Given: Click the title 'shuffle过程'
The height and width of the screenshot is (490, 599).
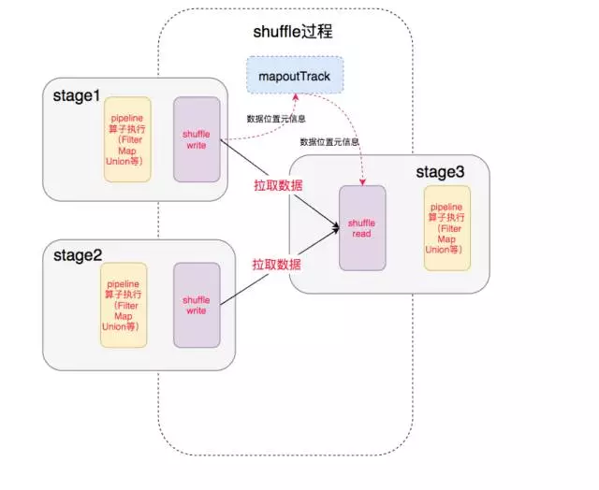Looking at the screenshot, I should (293, 32).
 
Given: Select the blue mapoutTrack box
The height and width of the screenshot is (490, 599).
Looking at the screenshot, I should (295, 75).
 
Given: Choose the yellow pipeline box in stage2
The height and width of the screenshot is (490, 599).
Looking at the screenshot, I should (124, 304).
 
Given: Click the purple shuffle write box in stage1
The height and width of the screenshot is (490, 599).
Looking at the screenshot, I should (197, 139).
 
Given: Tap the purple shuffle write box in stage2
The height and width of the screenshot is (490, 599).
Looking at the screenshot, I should (197, 304).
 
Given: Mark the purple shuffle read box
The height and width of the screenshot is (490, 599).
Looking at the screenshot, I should (361, 227).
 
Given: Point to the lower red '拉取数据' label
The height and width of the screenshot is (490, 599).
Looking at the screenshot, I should (276, 265).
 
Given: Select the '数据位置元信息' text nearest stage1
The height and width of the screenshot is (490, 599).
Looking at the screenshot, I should (273, 119).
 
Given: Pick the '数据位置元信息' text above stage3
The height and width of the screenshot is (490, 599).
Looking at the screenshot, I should (329, 142).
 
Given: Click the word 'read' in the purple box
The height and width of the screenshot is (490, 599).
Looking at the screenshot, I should (361, 234).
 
